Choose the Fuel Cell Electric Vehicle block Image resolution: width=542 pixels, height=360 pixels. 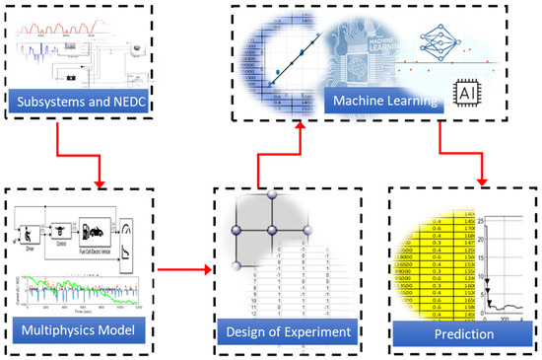coord(99,235)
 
